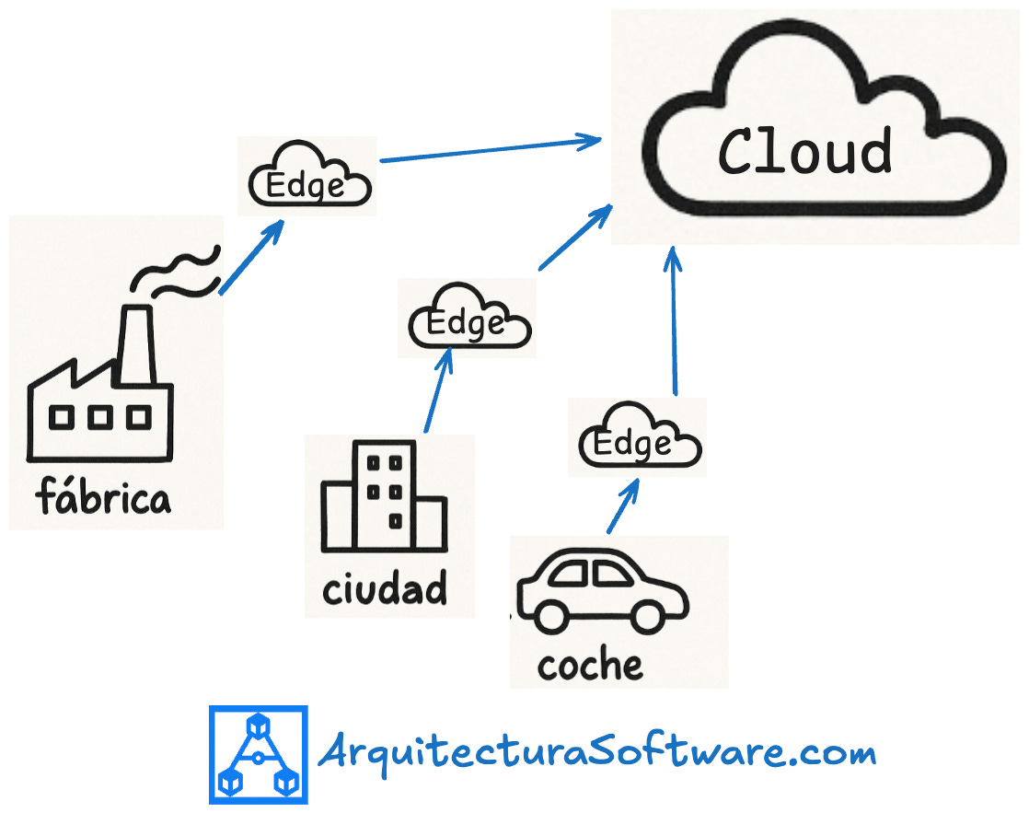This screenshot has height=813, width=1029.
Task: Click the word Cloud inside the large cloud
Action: pos(804,151)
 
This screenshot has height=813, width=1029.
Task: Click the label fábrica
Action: pos(103,498)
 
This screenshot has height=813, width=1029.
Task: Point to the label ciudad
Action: pos(385,587)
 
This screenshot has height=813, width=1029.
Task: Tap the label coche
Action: pos(590,665)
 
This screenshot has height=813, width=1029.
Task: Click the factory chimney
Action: pos(135,344)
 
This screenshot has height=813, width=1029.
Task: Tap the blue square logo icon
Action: pos(258,754)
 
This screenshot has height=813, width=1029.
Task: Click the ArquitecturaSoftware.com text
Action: pos(596,754)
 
